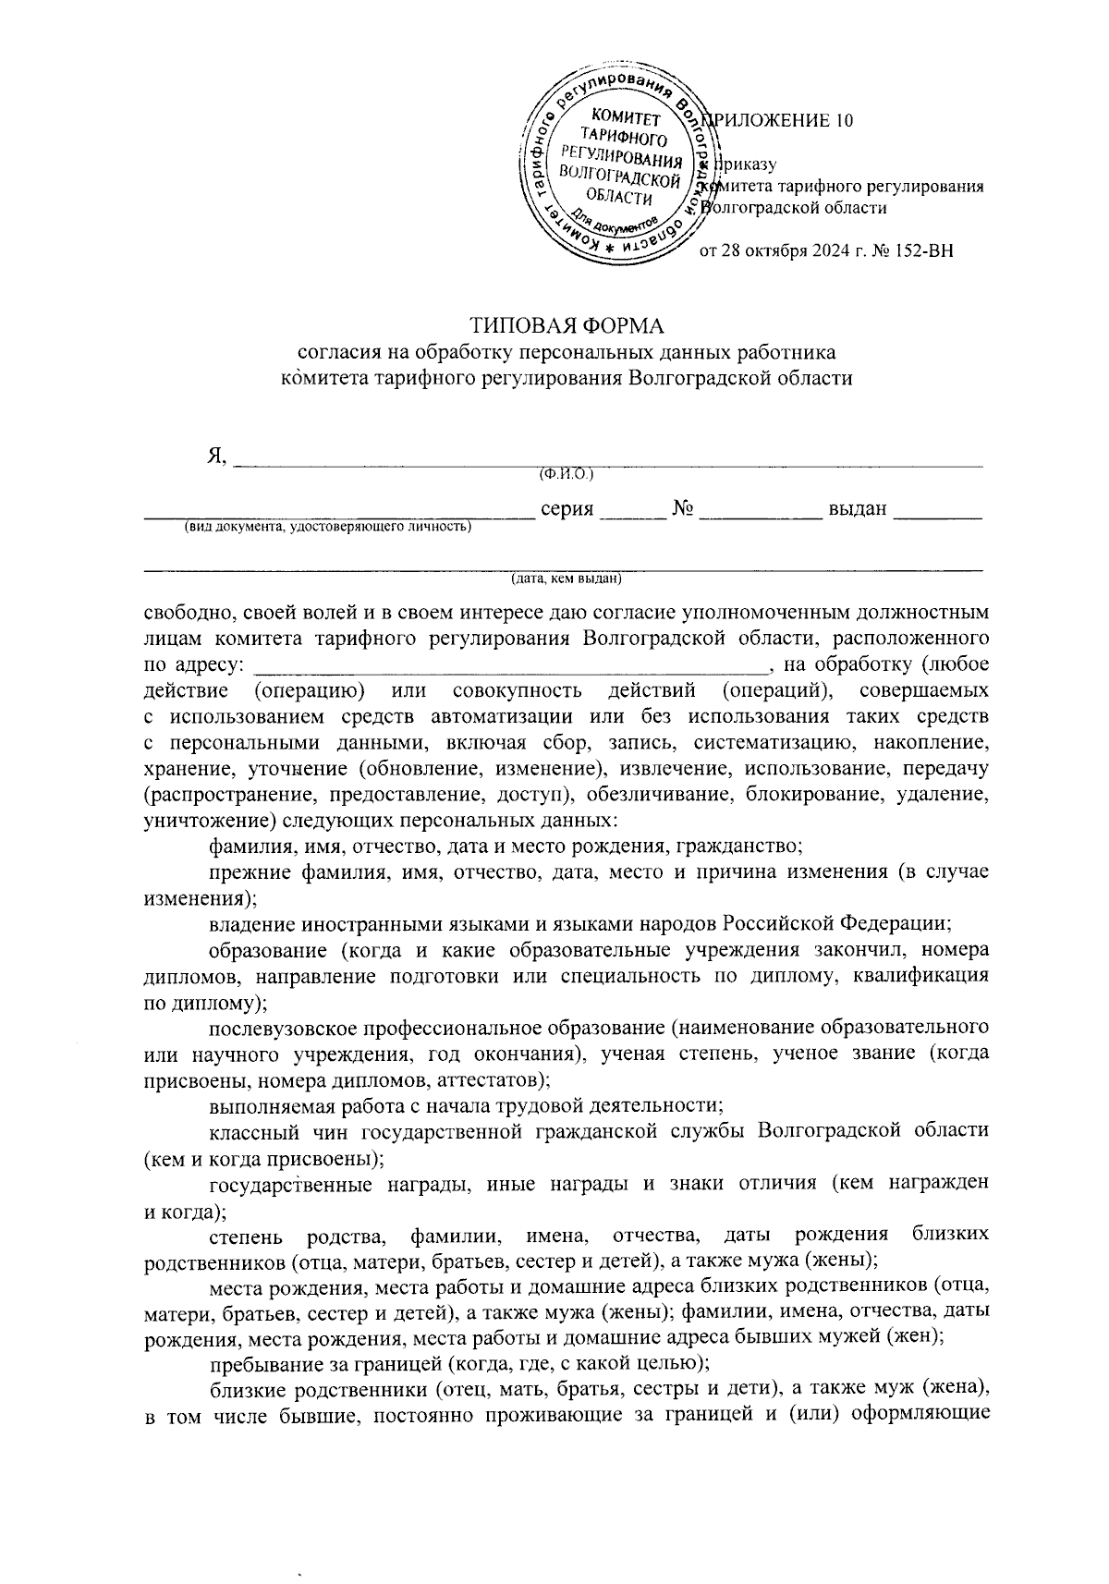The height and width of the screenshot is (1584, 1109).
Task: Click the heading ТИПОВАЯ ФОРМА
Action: [x=567, y=326]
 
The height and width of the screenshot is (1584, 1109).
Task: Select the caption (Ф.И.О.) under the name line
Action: [x=566, y=474]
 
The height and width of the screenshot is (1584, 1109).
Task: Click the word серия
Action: [x=566, y=508]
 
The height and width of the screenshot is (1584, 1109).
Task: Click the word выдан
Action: [x=858, y=508]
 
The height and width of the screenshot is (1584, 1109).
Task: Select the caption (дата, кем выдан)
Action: [x=567, y=579]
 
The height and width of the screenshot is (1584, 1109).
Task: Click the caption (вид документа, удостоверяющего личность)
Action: [x=326, y=527]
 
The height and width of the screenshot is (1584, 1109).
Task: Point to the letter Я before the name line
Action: [x=216, y=456]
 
